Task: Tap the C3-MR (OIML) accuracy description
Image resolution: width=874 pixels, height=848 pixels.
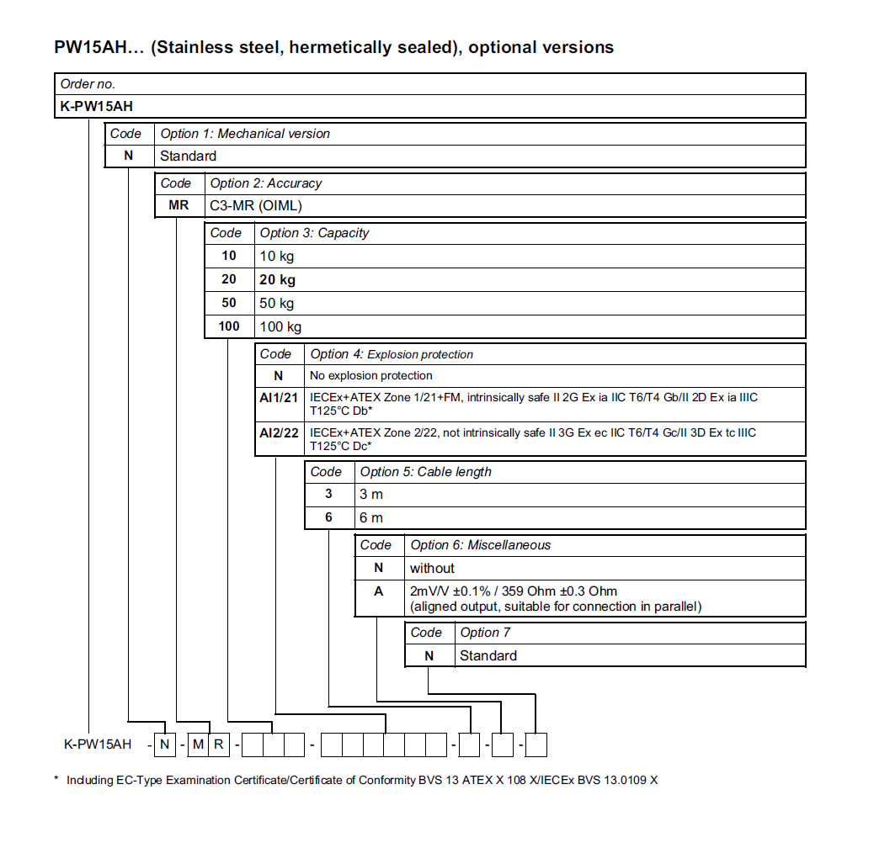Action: (256, 205)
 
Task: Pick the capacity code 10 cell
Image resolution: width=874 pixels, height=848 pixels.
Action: (229, 256)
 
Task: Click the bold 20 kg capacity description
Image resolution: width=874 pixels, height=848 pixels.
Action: (277, 279)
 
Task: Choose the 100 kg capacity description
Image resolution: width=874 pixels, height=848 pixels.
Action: (280, 326)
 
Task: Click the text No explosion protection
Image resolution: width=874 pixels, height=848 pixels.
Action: (371, 375)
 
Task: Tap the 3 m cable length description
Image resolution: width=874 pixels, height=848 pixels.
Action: (371, 495)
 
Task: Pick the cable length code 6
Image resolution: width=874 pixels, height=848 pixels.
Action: (329, 517)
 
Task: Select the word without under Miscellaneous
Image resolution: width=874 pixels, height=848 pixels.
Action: (432, 568)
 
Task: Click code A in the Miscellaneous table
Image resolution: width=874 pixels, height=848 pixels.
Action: (379, 591)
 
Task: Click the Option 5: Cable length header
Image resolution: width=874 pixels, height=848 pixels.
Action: (425, 472)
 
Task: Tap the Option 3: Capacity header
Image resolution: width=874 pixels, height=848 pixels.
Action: (314, 233)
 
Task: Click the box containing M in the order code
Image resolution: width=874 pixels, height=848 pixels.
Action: (197, 744)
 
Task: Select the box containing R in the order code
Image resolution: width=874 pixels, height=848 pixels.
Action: (218, 744)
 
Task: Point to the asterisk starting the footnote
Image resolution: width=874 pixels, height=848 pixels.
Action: (56, 779)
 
